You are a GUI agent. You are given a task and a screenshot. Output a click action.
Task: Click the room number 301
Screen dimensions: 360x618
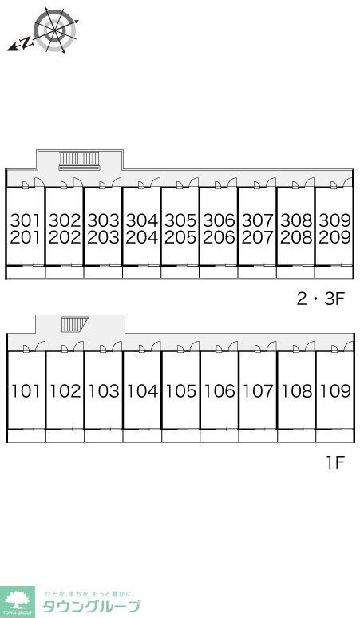point(26,220)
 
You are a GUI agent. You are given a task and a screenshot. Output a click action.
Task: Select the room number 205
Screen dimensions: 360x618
point(180,237)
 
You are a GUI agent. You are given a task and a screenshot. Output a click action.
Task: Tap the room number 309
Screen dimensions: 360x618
point(334,220)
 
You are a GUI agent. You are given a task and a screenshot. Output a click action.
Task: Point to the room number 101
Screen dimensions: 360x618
point(26,391)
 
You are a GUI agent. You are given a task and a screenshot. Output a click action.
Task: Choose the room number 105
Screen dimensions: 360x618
point(180,391)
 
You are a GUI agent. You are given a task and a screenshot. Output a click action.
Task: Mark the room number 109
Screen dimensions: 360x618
point(335,391)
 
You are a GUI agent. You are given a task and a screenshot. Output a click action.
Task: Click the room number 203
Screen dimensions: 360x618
point(103,237)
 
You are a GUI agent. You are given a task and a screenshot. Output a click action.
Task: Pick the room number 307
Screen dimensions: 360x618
point(257,220)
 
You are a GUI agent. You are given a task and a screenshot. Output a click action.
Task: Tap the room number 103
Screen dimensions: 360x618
point(103,391)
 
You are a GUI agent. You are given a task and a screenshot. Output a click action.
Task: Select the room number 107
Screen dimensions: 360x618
point(258,391)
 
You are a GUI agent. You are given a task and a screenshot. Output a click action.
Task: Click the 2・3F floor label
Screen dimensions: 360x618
point(321,299)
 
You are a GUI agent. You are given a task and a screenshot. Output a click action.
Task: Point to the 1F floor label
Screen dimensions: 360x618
point(335,462)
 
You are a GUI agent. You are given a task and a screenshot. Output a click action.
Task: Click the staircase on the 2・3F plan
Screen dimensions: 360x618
point(79,160)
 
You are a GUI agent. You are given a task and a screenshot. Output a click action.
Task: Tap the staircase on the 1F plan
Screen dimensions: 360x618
point(75,324)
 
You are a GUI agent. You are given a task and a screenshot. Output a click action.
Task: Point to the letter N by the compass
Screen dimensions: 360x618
point(26,42)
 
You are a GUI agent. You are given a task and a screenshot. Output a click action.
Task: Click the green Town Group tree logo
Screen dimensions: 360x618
point(18,602)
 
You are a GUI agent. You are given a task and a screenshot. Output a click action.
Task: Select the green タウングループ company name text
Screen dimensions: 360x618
point(91,607)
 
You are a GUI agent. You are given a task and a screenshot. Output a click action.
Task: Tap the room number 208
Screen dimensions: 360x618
point(296,237)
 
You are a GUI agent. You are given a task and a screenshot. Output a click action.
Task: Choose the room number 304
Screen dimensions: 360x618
point(141,220)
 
